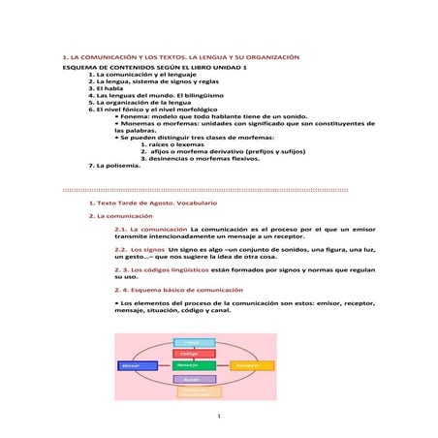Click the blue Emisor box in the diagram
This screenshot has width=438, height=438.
139,365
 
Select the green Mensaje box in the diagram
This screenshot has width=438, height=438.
195,365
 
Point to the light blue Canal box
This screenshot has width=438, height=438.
195,342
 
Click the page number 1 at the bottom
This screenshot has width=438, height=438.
220,418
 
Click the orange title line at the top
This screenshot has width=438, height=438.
180,58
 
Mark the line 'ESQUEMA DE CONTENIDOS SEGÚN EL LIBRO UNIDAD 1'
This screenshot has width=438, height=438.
155,68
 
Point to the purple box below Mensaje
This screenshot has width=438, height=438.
195,379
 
